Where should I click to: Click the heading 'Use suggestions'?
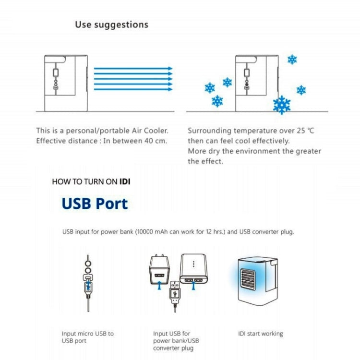[111, 24]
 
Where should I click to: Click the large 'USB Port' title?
[95, 203]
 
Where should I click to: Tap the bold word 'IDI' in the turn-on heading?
[125, 181]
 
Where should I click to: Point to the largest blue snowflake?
[281, 104]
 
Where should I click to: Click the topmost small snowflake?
[292, 60]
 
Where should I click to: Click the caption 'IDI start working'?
[261, 334]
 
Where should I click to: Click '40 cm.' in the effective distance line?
[156, 141]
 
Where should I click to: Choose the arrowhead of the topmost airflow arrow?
[169, 69]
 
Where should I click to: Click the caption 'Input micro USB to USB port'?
[87, 337]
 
